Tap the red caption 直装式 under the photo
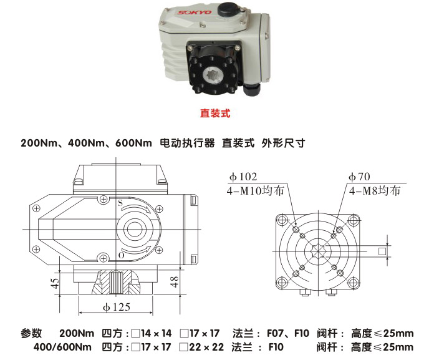(215, 114)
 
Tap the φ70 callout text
(360, 178)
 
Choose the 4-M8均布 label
(374, 191)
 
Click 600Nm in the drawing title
(133, 143)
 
